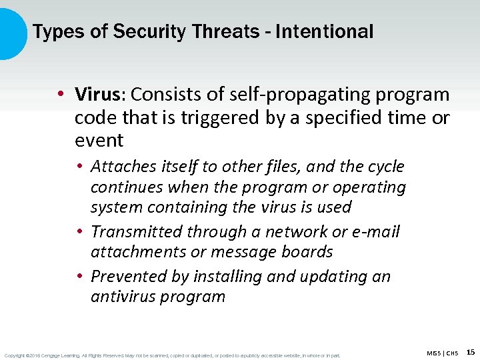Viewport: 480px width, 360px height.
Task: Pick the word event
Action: [99, 141]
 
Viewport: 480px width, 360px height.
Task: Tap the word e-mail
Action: [375, 232]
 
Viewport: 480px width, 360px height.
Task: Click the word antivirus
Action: [124, 297]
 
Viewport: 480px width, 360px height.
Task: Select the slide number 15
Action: [471, 352]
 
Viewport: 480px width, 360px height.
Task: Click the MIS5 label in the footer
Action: [434, 353]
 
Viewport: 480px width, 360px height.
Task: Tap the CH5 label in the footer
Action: [453, 353]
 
